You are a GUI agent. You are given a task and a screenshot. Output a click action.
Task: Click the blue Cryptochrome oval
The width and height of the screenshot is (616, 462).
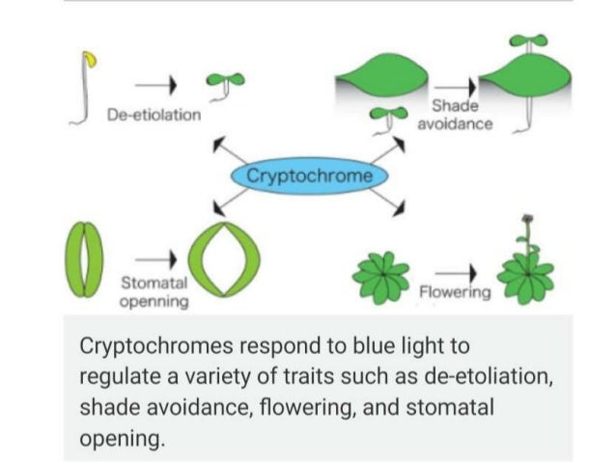tap(308, 177)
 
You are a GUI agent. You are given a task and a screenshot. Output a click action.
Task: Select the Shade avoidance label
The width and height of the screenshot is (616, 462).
tap(455, 116)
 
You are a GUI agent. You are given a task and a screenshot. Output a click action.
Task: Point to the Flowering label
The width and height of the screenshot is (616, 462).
tap(455, 290)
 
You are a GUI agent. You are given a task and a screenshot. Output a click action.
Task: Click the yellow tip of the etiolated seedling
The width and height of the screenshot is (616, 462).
tap(92, 60)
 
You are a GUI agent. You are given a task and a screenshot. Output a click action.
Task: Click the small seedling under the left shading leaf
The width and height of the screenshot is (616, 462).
tap(384, 121)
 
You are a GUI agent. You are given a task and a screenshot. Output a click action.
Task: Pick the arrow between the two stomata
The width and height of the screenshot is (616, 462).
tap(154, 258)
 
